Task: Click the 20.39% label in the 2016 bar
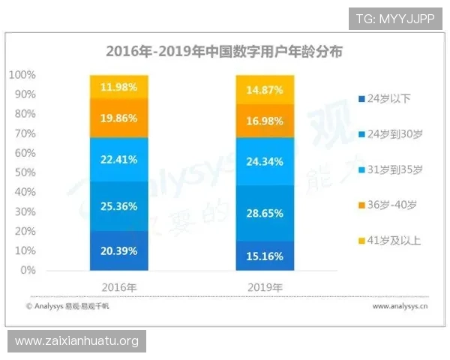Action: pos(118,250)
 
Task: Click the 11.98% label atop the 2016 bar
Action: pos(118,87)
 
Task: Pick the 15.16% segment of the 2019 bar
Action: pos(265,256)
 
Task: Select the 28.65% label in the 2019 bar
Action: pos(265,213)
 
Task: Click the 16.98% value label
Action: pos(265,121)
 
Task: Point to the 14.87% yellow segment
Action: pos(265,90)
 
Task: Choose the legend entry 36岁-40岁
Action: pos(388,205)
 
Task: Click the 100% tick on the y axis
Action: pos(22,75)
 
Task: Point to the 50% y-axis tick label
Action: pos(25,172)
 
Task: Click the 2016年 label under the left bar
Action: pos(118,287)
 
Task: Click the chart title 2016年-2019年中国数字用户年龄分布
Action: pos(223,52)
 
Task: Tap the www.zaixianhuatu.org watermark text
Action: pos(77,341)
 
